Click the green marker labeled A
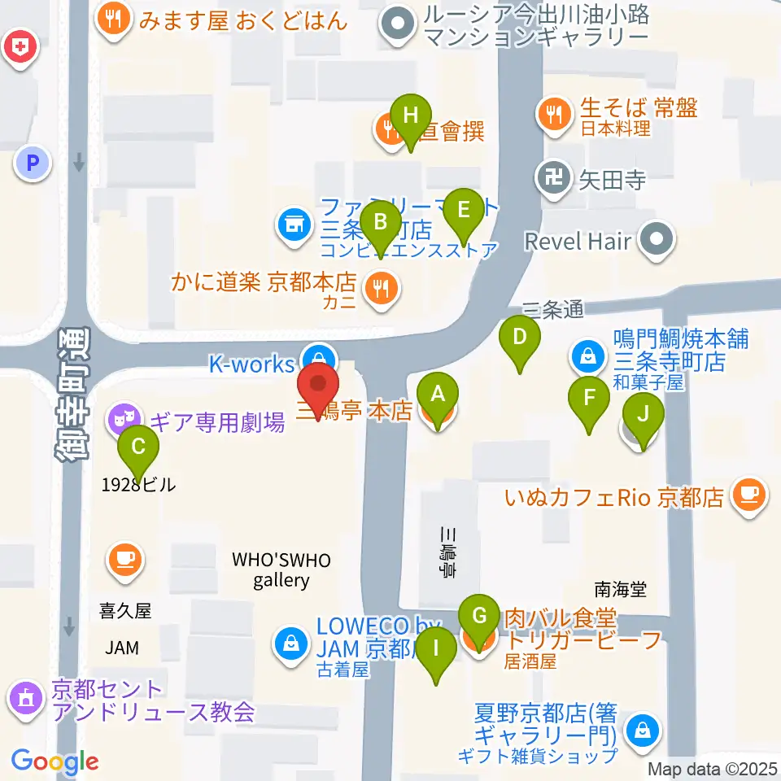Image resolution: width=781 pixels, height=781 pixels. point(438,395)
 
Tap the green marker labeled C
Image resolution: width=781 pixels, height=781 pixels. point(138,447)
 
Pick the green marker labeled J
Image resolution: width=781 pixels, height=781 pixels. point(643,414)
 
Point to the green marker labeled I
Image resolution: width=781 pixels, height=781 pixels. point(437,649)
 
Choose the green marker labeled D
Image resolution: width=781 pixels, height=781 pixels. point(520,336)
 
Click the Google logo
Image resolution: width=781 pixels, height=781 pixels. point(55,761)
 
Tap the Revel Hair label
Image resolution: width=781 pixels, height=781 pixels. point(578,241)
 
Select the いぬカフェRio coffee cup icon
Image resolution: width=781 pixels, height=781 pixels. point(748,494)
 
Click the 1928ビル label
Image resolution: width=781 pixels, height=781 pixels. point(138,485)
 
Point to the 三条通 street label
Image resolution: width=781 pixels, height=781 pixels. point(553,309)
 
